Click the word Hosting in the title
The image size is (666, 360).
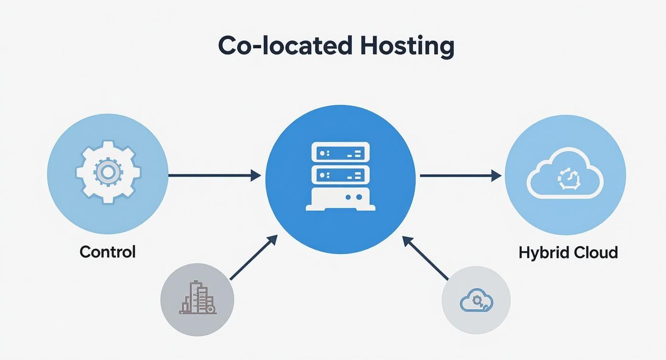[x=407, y=46]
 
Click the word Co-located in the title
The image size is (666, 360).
[x=286, y=46]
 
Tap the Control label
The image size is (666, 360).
[x=108, y=251]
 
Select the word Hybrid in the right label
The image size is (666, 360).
[x=540, y=252]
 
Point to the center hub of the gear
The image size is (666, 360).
[x=108, y=171]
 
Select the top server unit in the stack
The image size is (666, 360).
[x=340, y=152]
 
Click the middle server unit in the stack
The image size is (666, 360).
[x=340, y=174]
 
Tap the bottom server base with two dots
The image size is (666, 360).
[x=340, y=199]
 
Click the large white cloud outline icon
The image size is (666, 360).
[x=565, y=173]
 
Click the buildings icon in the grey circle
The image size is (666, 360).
[x=198, y=299]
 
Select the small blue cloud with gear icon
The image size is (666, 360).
[x=476, y=301]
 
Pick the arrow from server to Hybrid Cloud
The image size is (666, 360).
[x=460, y=176]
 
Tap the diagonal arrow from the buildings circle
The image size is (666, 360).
[x=254, y=257]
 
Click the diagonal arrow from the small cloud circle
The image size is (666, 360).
[x=425, y=258]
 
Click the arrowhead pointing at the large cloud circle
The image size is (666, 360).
[x=496, y=176]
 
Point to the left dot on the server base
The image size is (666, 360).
[x=348, y=197]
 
